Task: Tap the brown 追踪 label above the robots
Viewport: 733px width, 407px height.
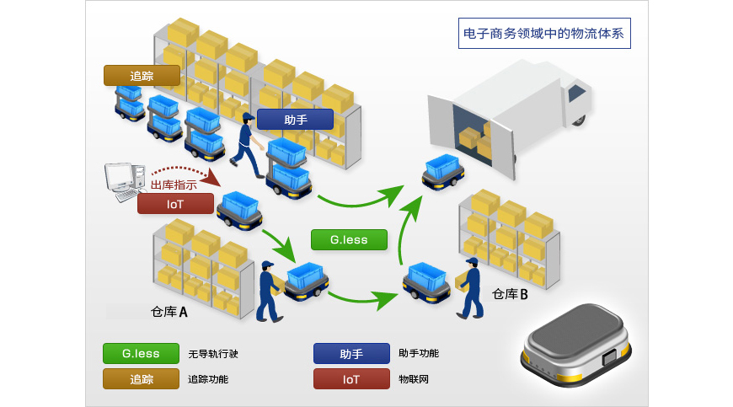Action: pyautogui.click(x=142, y=76)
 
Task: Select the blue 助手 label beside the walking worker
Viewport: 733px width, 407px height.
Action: pyautogui.click(x=295, y=120)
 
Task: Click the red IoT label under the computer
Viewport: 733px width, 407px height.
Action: pyautogui.click(x=175, y=203)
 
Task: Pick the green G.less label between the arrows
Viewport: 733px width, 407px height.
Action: pyautogui.click(x=349, y=239)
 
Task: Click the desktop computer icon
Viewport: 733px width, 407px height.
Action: pyautogui.click(x=121, y=180)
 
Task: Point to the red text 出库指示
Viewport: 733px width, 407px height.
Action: pyautogui.click(x=174, y=185)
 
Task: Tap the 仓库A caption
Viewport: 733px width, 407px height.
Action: pyautogui.click(x=169, y=311)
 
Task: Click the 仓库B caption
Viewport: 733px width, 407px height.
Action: pyautogui.click(x=510, y=294)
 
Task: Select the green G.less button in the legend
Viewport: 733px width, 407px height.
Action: pyautogui.click(x=142, y=353)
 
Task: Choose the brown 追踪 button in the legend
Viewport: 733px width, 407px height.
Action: pyautogui.click(x=142, y=378)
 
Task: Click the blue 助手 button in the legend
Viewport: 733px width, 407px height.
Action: pyautogui.click(x=351, y=353)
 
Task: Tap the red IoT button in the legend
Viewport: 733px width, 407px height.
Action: pyautogui.click(x=351, y=378)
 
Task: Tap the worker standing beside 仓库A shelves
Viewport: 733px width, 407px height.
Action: pyautogui.click(x=269, y=292)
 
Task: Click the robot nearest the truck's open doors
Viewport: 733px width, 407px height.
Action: pyautogui.click(x=444, y=172)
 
